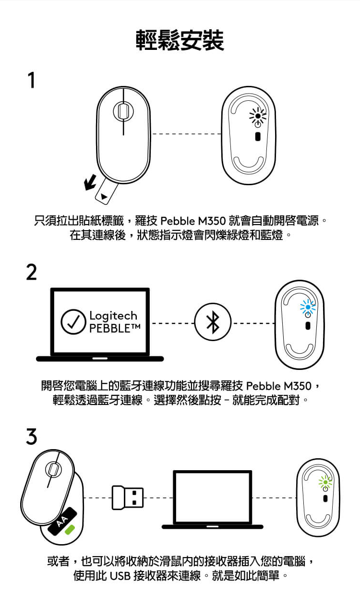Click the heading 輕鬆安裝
(x=180, y=40)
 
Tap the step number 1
(x=32, y=80)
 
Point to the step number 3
(x=31, y=436)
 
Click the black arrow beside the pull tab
(x=90, y=182)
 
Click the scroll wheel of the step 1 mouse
(x=123, y=111)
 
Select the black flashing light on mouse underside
(x=258, y=116)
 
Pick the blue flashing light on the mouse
(x=308, y=307)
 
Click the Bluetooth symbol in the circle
(x=213, y=322)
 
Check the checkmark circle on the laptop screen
(x=73, y=321)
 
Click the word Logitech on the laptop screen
(x=113, y=316)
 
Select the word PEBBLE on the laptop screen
(x=110, y=328)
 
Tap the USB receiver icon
(x=128, y=498)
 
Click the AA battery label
(x=62, y=522)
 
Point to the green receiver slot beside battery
(x=70, y=529)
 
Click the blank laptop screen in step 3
(x=213, y=497)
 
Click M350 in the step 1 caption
(x=212, y=221)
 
